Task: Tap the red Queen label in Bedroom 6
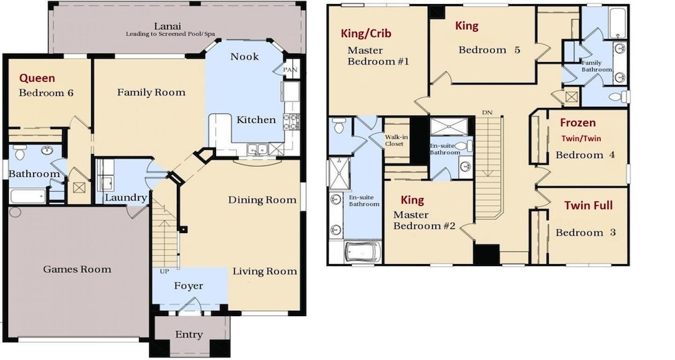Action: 37,78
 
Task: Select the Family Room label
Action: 151,92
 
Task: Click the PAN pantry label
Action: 290,70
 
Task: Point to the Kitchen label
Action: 256,120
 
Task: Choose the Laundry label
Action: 126,198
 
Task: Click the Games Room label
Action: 77,269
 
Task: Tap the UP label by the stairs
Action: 164,272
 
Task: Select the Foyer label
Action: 188,286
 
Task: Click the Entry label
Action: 189,334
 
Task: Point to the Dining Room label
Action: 262,200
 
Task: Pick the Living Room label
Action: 265,272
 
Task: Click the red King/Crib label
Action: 366,34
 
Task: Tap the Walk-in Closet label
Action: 396,140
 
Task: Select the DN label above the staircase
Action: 487,113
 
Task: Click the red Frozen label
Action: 578,123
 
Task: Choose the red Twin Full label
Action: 589,205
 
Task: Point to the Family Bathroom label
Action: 596,66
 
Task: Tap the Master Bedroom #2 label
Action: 424,220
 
